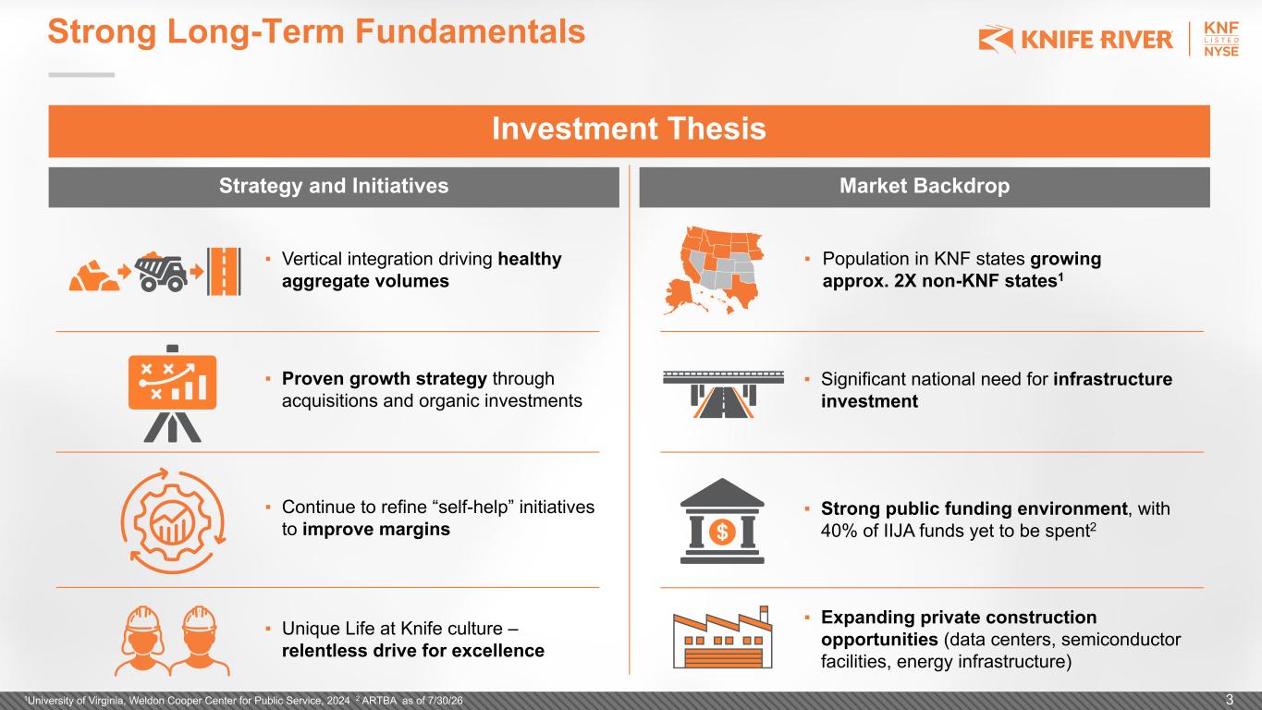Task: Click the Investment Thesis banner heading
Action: pyautogui.click(x=629, y=129)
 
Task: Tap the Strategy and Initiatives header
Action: pyautogui.click(x=334, y=186)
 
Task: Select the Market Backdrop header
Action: pyautogui.click(x=925, y=186)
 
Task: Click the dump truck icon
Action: pyautogui.click(x=161, y=272)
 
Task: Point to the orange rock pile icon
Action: pyautogui.click(x=94, y=275)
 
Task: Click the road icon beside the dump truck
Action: pyautogui.click(x=225, y=272)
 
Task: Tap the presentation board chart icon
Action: pyautogui.click(x=172, y=393)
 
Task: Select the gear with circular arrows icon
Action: pyautogui.click(x=174, y=521)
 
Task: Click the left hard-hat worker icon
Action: pyautogui.click(x=142, y=641)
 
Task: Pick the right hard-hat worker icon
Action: pyautogui.click(x=200, y=641)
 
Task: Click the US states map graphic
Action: pyautogui.click(x=713, y=270)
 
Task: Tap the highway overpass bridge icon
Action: pyautogui.click(x=723, y=394)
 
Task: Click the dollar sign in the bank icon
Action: pyautogui.click(x=722, y=531)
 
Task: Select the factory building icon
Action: pyautogui.click(x=722, y=637)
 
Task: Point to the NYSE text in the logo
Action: pyautogui.click(x=1221, y=51)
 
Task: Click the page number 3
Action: pyautogui.click(x=1230, y=701)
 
